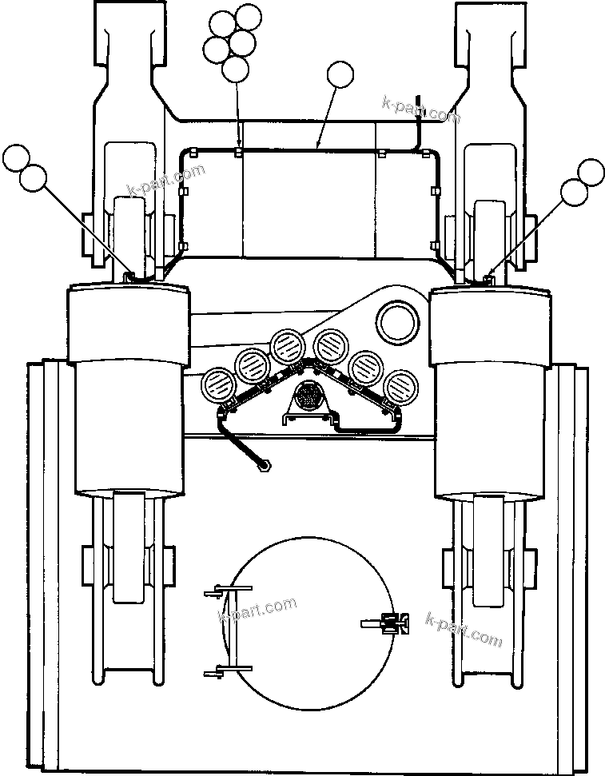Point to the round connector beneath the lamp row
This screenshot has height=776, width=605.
point(308,395)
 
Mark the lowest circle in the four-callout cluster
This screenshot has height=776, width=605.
point(235,69)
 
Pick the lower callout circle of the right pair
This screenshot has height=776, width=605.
point(574,191)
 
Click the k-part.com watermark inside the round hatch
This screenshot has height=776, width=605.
point(257,611)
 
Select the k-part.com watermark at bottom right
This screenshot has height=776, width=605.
point(465,631)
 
